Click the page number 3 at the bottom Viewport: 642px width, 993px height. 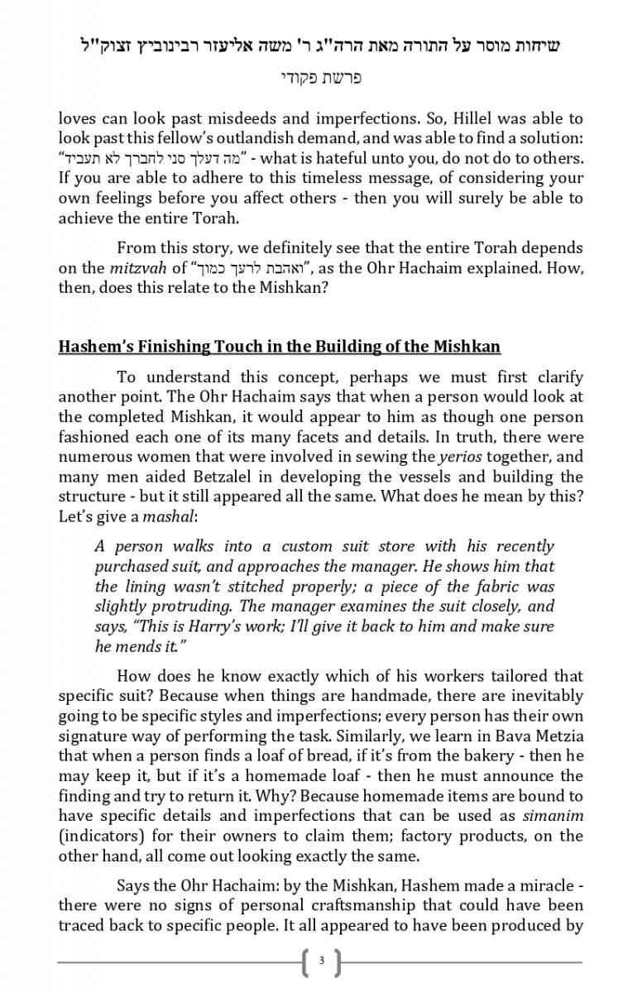[321, 962]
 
